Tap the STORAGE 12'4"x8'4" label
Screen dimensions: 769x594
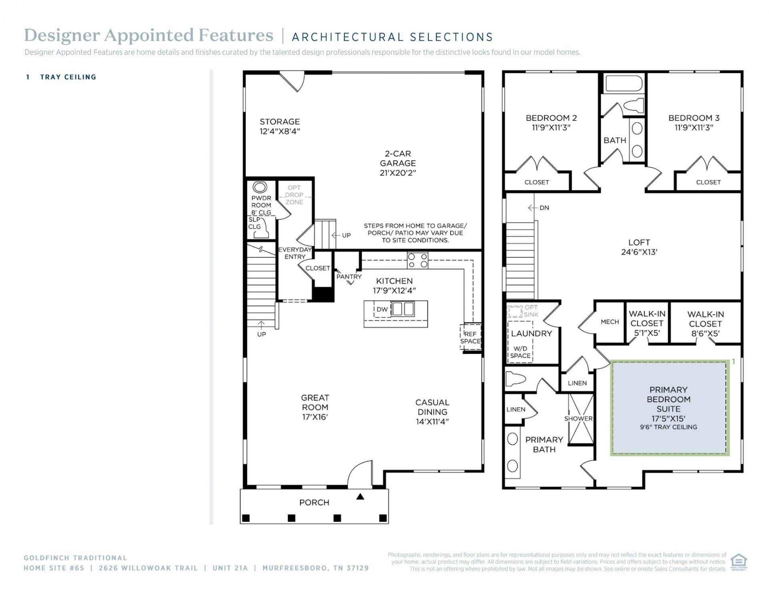(x=280, y=126)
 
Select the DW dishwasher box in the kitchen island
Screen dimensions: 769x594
(x=382, y=309)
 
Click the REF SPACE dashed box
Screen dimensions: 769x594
(x=470, y=337)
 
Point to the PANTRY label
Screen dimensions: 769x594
(x=349, y=277)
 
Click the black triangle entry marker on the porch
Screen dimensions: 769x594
(x=360, y=497)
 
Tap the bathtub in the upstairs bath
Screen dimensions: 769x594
(x=624, y=84)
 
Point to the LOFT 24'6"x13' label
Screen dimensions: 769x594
(x=639, y=247)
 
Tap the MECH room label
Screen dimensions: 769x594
(x=610, y=322)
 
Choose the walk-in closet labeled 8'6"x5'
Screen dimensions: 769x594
(x=705, y=324)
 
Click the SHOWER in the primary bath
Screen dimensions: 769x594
(x=581, y=419)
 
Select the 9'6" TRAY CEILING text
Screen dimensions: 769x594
(x=668, y=427)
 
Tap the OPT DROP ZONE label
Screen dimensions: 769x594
(x=294, y=195)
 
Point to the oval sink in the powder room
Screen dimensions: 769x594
(x=260, y=187)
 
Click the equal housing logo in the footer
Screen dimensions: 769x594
(x=739, y=562)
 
